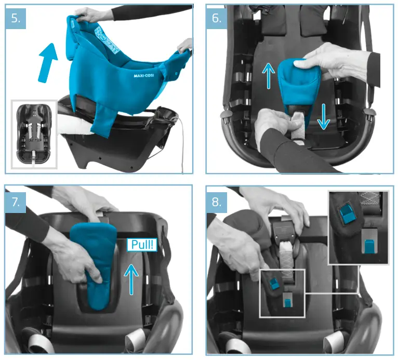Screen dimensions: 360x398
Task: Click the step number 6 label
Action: pos(217,19)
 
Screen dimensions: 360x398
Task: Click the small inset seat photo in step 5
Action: pos(33,134)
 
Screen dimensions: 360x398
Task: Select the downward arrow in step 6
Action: pos(323,116)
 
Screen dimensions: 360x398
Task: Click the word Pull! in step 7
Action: pos(142,246)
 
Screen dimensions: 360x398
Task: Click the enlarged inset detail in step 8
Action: pos(358,227)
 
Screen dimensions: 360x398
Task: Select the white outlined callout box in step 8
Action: pos(281,294)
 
